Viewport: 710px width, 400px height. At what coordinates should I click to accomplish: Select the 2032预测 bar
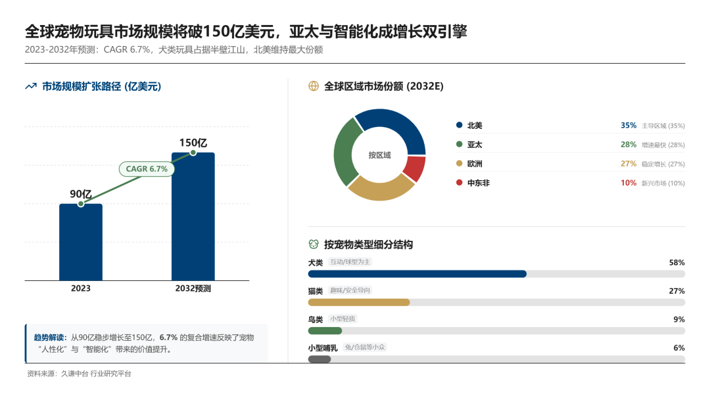[x=193, y=217]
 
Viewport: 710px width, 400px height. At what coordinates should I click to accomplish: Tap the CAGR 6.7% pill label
[x=147, y=169]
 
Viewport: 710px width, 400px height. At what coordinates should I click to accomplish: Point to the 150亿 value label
[x=193, y=143]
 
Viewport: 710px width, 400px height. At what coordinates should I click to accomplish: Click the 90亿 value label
[x=80, y=194]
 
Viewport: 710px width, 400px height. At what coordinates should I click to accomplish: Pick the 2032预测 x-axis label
[x=193, y=288]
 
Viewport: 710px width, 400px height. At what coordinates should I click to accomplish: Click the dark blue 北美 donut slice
[x=394, y=126]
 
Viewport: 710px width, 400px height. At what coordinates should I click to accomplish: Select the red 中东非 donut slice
[x=415, y=168]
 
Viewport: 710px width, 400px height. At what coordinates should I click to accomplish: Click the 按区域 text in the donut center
[x=379, y=155]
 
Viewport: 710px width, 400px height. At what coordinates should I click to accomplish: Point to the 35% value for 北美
[x=628, y=126]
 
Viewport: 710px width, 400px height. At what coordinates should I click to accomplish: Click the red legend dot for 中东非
[x=458, y=182]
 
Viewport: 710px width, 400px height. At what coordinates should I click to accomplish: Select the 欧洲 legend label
[x=475, y=164]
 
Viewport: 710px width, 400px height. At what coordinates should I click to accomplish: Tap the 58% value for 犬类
[x=676, y=262]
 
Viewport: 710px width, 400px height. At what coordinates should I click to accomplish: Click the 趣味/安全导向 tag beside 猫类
[x=350, y=290]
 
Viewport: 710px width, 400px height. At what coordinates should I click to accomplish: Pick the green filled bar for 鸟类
[x=325, y=330]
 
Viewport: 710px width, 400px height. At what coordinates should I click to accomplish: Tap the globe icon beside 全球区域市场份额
[x=314, y=86]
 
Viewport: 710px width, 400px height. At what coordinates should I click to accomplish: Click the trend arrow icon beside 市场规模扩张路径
[x=30, y=86]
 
